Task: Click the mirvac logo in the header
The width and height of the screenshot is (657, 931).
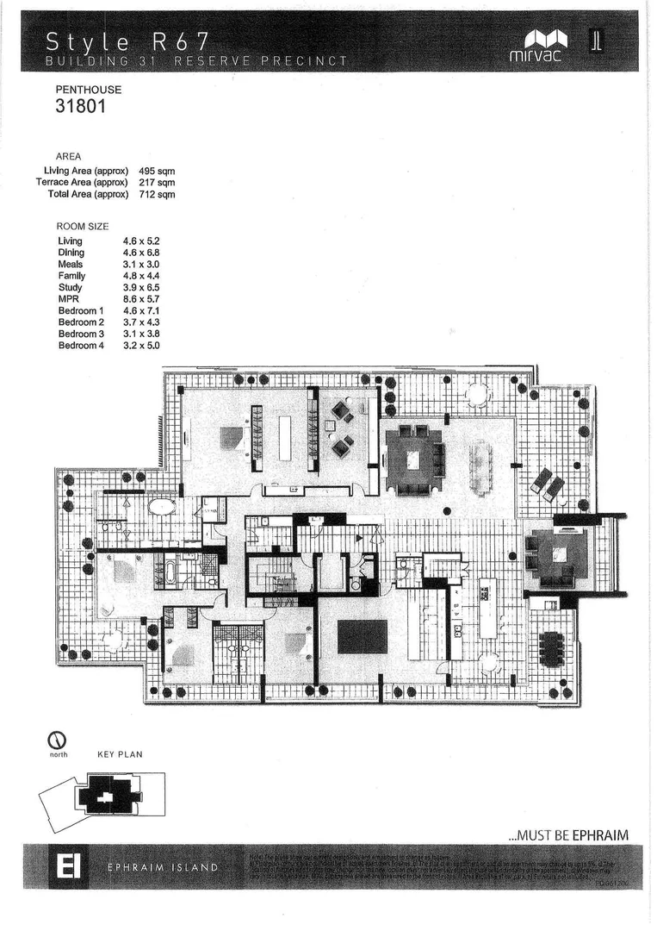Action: click(x=546, y=44)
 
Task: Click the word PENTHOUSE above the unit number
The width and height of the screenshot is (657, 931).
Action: click(x=89, y=90)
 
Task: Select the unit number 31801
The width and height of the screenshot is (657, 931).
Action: click(x=79, y=107)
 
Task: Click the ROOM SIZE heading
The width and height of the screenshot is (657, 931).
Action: click(x=82, y=226)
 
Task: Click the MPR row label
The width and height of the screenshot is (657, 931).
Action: click(x=69, y=298)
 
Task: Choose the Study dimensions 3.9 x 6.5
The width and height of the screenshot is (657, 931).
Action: click(x=142, y=287)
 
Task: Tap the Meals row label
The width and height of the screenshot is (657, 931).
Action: click(x=71, y=264)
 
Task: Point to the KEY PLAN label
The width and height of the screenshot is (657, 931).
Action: click(x=120, y=754)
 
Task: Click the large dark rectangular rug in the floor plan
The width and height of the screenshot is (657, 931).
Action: click(x=362, y=637)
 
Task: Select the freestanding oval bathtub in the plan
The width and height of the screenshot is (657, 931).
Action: click(x=161, y=507)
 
